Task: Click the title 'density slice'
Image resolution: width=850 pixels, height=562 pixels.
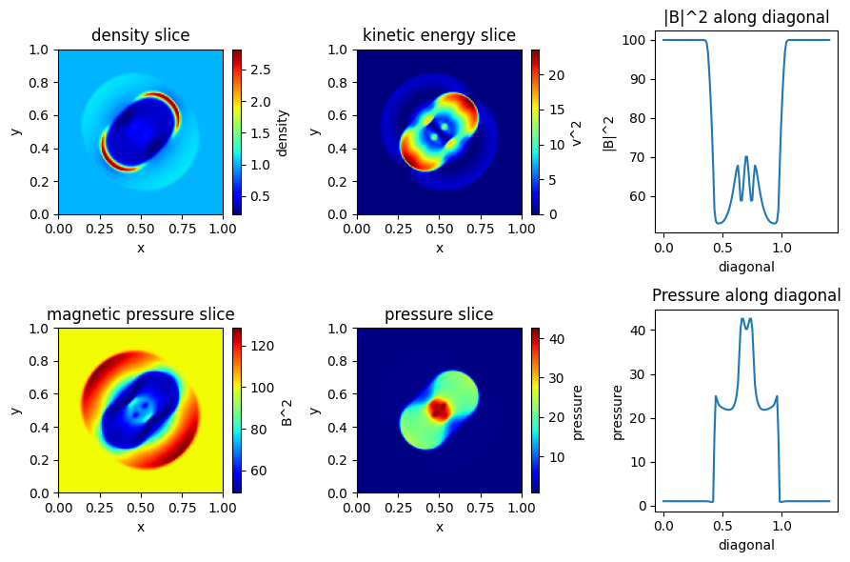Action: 140,36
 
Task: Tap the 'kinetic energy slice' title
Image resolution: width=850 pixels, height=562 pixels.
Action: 439,36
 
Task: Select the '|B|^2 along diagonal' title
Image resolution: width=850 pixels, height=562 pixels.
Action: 746,16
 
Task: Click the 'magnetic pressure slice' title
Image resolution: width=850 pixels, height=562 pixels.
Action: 140,314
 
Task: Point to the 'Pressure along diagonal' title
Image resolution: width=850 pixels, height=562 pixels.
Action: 746,295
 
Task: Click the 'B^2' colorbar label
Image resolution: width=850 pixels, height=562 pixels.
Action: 287,411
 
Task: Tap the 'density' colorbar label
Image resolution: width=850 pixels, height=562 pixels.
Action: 283,131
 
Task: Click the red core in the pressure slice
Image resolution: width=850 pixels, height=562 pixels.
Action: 439,410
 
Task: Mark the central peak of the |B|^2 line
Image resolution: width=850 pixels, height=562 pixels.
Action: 746,156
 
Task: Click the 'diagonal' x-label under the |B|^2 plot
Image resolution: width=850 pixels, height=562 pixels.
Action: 746,267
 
